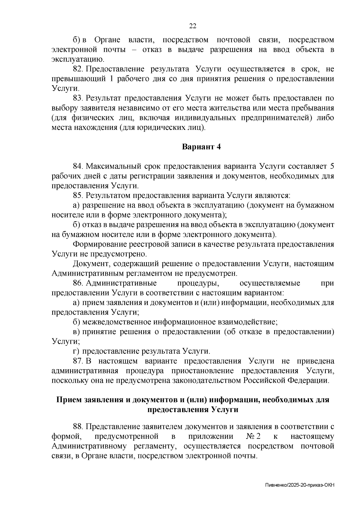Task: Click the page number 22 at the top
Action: click(x=193, y=26)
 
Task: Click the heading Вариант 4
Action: click(x=201, y=147)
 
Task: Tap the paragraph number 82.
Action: click(x=77, y=69)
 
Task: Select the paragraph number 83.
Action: click(x=77, y=98)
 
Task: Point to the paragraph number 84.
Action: click(x=77, y=166)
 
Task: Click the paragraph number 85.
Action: click(x=77, y=196)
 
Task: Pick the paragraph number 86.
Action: click(x=77, y=283)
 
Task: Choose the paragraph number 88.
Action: click(x=77, y=427)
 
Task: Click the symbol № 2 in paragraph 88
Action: click(x=253, y=436)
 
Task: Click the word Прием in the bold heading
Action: click(x=70, y=400)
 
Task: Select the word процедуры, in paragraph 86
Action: click(x=199, y=283)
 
